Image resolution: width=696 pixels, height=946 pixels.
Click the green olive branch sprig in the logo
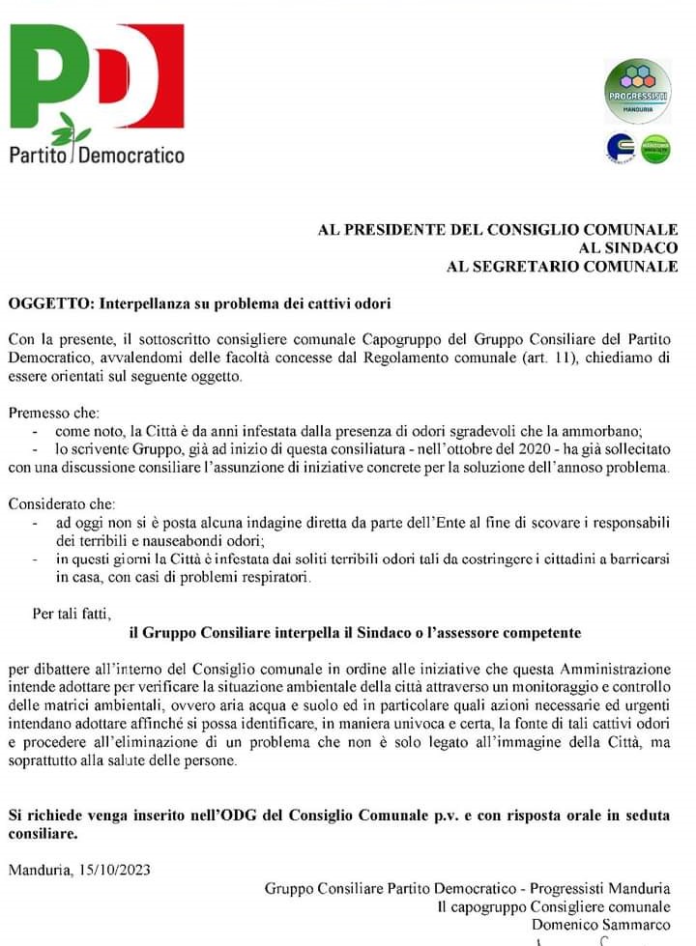coord(70,129)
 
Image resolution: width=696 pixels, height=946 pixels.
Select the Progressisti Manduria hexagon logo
coord(638,90)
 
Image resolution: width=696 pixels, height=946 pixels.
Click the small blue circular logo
coord(620,149)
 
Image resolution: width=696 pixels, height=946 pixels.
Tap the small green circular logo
coord(656,149)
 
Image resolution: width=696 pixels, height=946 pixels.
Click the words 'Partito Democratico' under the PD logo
coord(97,154)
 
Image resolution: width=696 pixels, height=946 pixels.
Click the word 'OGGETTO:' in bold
coord(46,304)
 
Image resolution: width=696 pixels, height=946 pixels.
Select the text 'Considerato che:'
coord(61,504)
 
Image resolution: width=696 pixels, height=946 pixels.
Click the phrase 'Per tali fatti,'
coord(72,614)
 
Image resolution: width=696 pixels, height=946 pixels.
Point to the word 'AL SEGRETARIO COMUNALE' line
coord(562,267)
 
